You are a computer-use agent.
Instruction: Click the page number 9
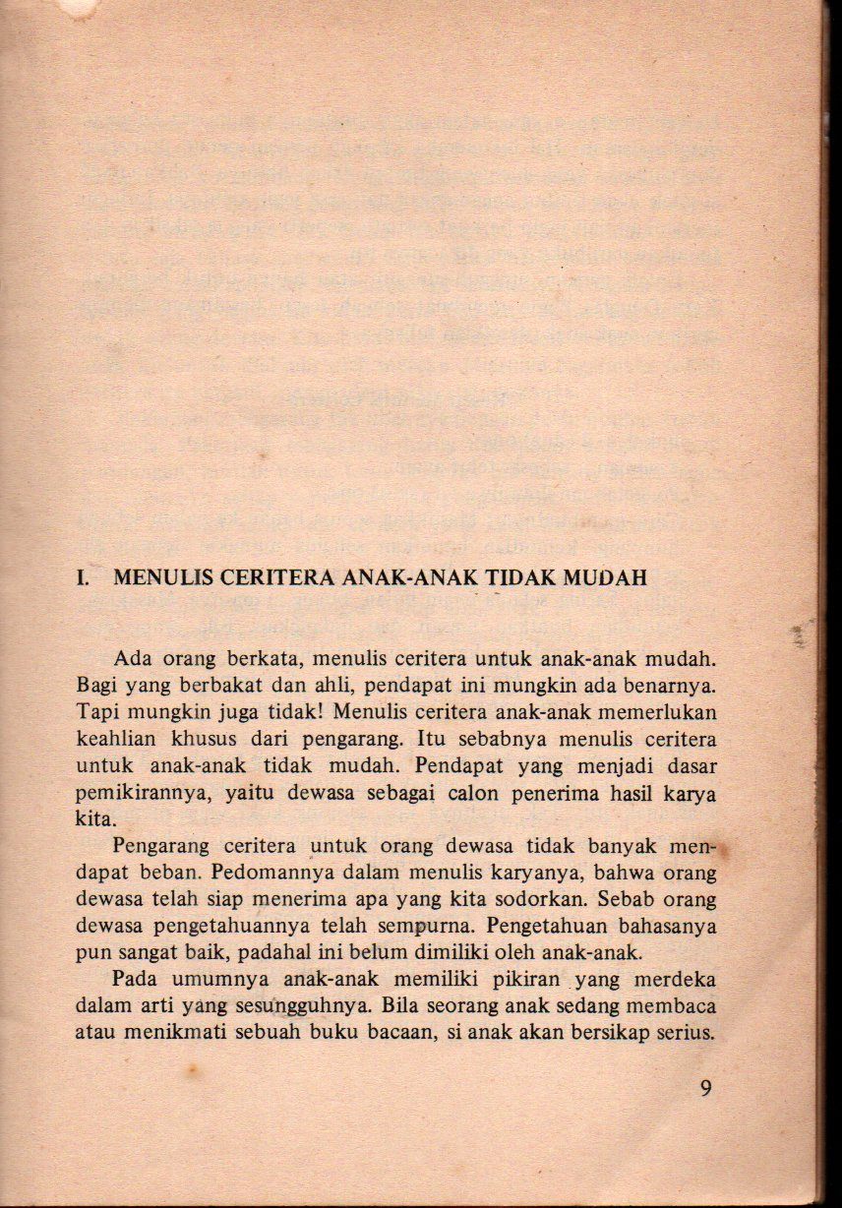click(706, 1087)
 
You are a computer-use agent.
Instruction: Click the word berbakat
click(203, 682)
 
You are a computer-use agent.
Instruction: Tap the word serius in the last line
click(687, 1032)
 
